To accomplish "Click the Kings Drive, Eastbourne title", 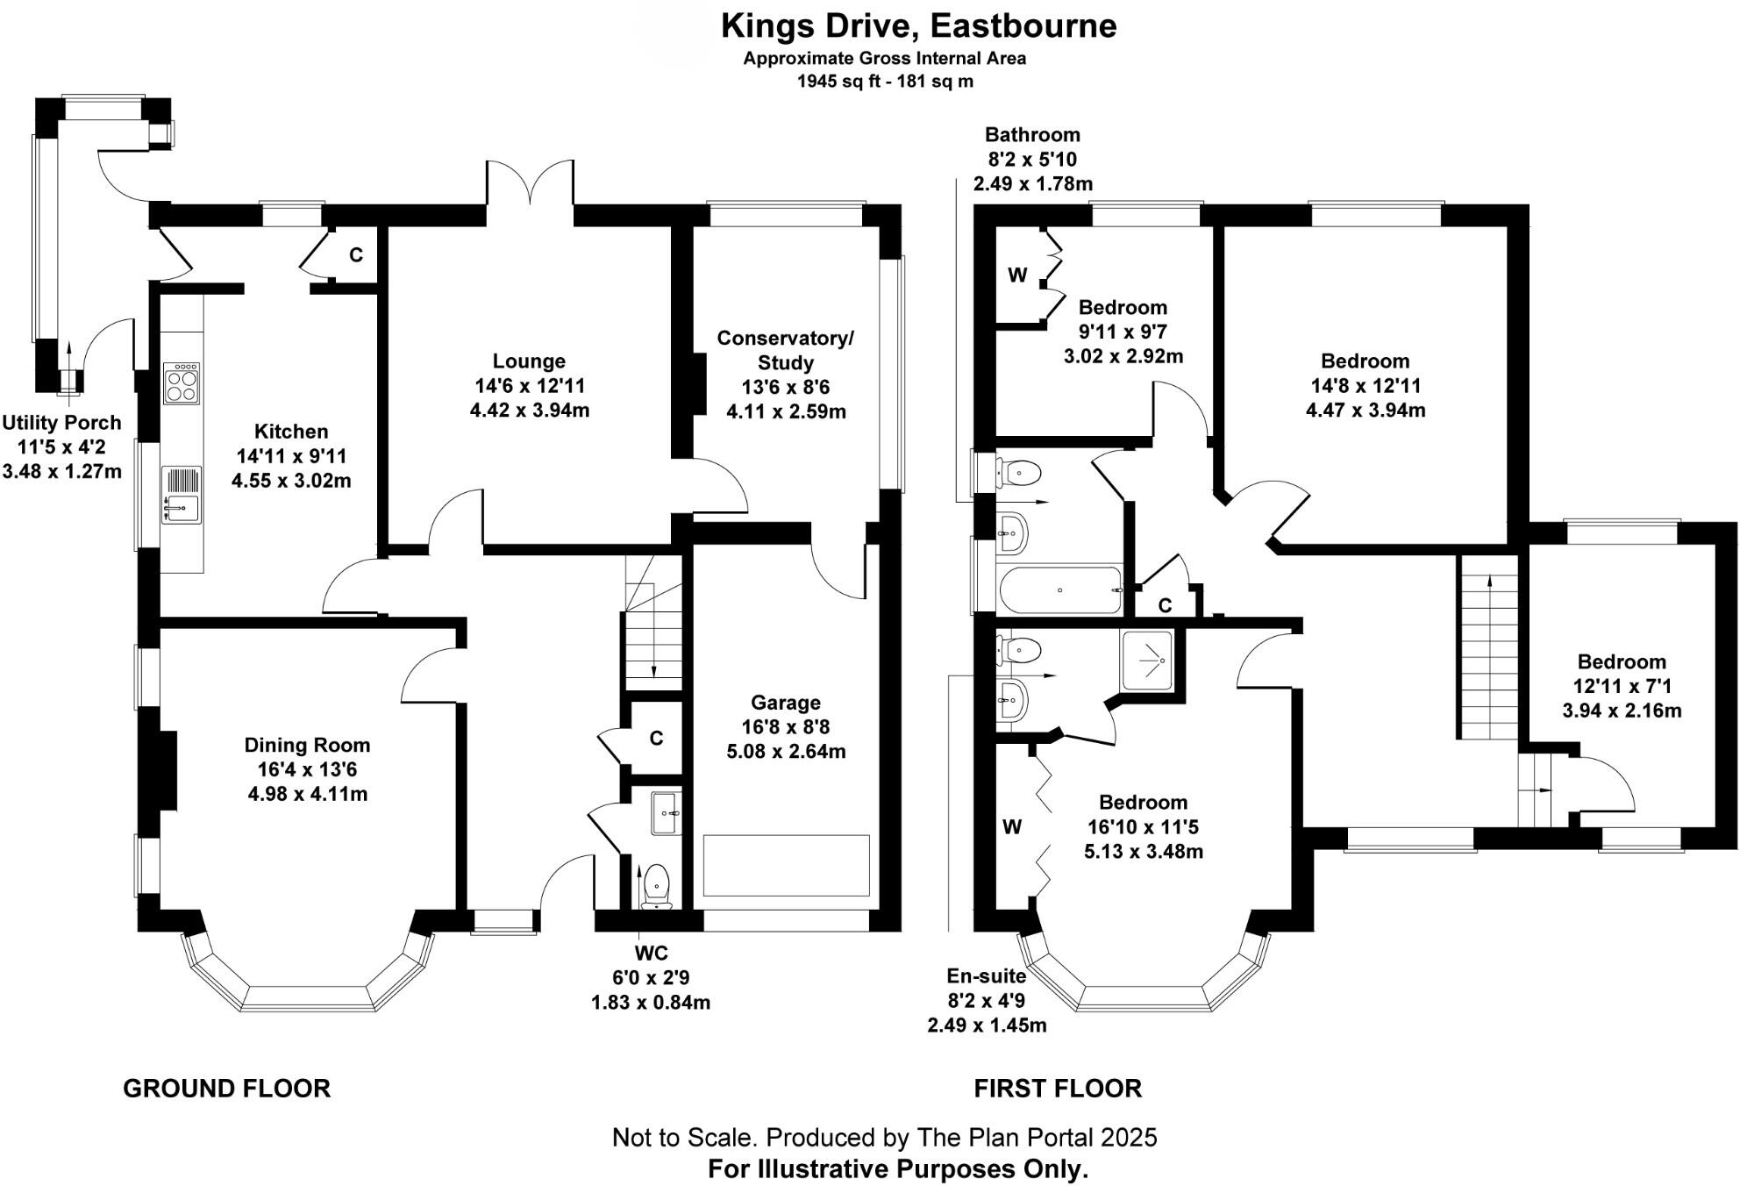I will tap(918, 26).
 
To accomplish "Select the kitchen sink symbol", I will tap(182, 509).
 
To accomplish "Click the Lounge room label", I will tap(529, 361).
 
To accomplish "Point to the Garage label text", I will tap(785, 703).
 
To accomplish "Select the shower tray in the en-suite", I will tap(1147, 659).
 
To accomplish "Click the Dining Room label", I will tap(307, 746).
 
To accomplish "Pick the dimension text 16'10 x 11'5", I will tap(1143, 827).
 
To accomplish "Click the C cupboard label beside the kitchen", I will tap(356, 255).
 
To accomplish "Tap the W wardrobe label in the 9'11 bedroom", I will tap(1017, 275).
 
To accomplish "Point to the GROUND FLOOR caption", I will tap(226, 1089).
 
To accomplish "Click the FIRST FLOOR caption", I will tap(1058, 1089).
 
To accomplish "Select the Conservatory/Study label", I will tap(785, 350).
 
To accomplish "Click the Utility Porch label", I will tap(61, 423).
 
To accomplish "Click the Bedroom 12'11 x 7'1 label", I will tap(1622, 662).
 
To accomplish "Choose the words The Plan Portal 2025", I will tap(1037, 1138).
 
